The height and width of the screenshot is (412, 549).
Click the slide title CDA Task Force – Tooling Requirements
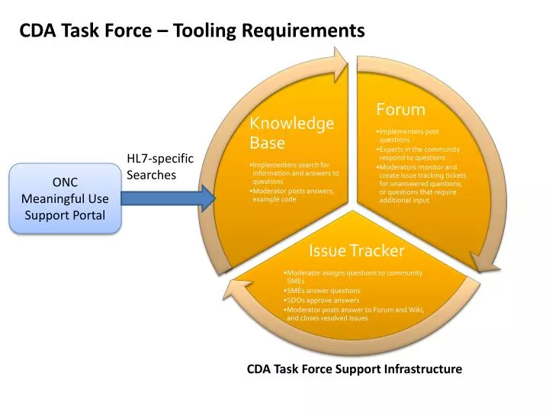(192, 31)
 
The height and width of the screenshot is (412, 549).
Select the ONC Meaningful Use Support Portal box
(65, 198)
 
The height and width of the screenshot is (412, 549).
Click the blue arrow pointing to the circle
(168, 199)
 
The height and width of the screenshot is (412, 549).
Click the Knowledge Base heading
(292, 133)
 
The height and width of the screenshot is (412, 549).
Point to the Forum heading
(400, 110)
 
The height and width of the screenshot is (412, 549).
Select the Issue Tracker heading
(356, 250)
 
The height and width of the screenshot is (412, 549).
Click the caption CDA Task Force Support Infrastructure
(354, 369)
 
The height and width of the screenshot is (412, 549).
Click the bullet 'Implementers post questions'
(408, 136)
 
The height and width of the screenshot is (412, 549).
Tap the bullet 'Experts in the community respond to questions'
(419, 153)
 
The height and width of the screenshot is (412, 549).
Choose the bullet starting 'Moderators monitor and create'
(421, 184)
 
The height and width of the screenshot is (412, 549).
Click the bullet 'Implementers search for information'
(294, 173)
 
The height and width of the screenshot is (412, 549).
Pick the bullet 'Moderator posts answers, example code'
(293, 195)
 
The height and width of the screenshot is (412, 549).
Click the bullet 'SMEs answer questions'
(322, 291)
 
